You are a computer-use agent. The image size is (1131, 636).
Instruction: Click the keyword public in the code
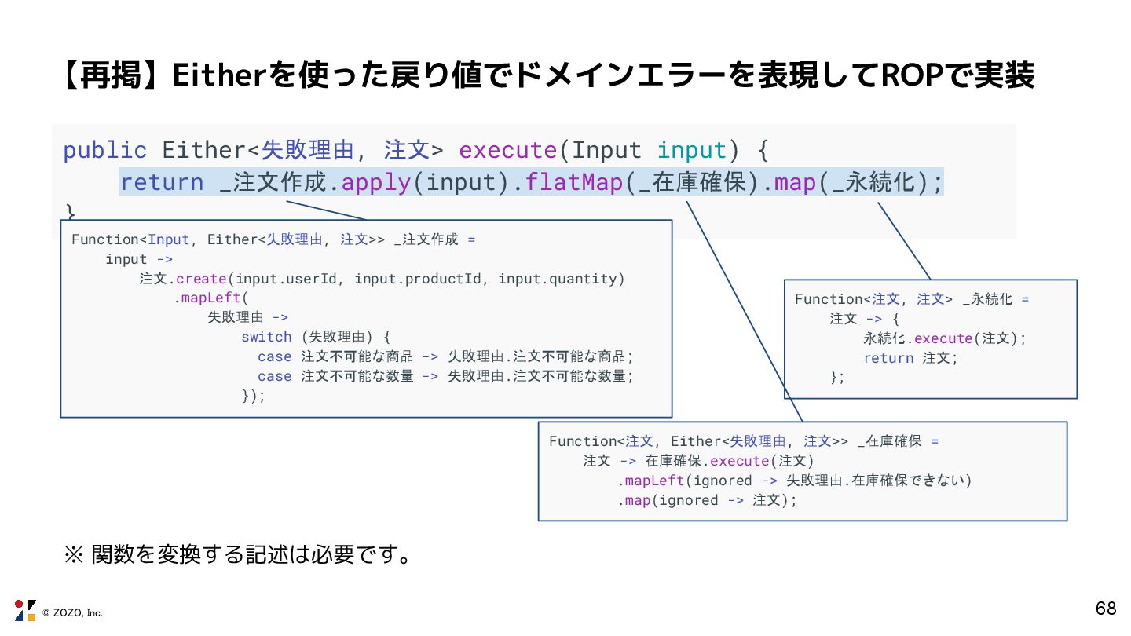(104, 150)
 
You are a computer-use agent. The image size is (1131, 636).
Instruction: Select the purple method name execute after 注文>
(507, 150)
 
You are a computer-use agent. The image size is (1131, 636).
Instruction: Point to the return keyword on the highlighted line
(161, 183)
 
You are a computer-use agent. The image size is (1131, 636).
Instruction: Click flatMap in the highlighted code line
(574, 183)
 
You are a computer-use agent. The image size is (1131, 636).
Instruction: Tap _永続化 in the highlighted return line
(873, 183)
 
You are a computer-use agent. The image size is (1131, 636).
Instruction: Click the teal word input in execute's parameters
(691, 150)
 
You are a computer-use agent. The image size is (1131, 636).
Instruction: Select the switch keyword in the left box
(266, 337)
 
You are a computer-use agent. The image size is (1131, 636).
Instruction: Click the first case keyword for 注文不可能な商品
(274, 356)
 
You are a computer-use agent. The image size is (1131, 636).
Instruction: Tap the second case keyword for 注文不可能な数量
(274, 376)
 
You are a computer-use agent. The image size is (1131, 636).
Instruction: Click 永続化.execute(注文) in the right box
(944, 338)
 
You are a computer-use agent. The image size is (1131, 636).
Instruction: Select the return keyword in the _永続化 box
(888, 358)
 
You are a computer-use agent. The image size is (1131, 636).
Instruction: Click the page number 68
(1105, 609)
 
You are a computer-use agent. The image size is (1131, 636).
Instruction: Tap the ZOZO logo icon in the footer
(25, 610)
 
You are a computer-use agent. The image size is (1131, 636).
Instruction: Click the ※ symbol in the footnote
(72, 556)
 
